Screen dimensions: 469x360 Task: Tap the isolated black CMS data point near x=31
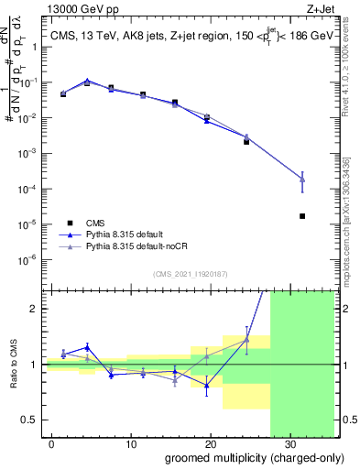tap(302, 216)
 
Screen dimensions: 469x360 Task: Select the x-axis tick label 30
tap(289, 443)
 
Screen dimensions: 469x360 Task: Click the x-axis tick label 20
tap(210, 443)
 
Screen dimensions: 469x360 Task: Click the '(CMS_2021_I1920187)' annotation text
tap(189, 273)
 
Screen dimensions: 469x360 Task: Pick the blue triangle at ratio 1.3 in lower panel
tap(87, 347)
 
